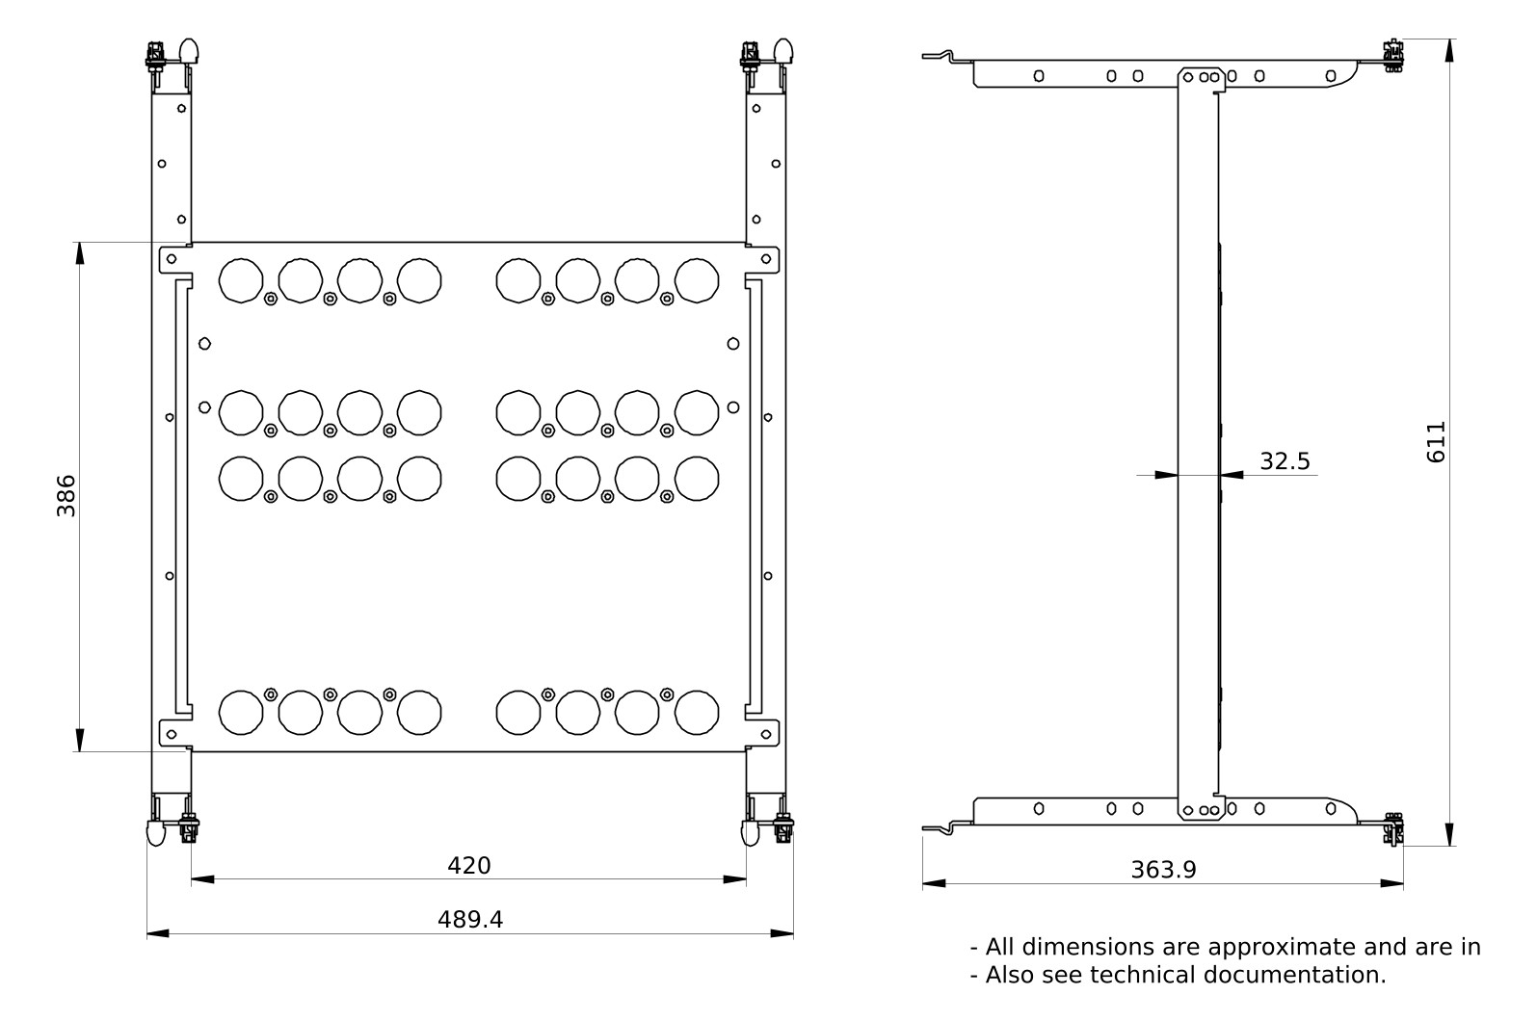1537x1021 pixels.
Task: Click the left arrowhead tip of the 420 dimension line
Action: click(192, 879)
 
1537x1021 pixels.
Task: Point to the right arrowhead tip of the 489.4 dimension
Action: click(793, 933)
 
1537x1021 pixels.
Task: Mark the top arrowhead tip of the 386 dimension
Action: click(80, 242)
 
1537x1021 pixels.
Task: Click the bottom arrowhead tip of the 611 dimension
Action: click(1449, 846)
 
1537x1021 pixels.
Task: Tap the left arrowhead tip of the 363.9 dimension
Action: click(923, 883)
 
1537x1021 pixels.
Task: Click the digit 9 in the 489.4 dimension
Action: click(480, 920)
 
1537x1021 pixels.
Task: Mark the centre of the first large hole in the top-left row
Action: click(241, 280)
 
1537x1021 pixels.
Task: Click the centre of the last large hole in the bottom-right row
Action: click(697, 713)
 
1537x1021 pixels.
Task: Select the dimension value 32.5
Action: click(1285, 461)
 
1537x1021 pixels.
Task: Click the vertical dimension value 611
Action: click(1436, 442)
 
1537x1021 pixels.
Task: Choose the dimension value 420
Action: click(469, 865)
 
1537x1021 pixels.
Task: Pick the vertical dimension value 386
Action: click(66, 496)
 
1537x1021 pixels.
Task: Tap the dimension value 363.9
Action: click(1164, 870)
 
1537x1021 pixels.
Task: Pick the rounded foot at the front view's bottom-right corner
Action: click(751, 833)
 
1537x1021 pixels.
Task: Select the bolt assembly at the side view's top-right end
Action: click(1392, 56)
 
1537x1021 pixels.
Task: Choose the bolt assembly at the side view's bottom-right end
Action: click(1392, 829)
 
